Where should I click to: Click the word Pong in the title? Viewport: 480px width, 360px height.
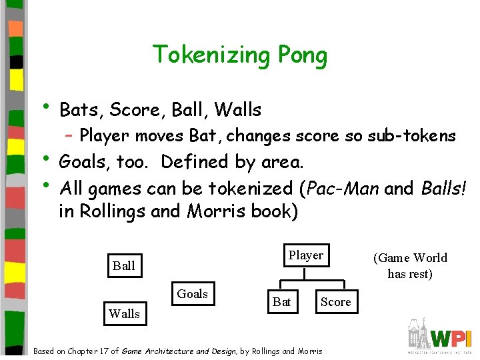(x=304, y=55)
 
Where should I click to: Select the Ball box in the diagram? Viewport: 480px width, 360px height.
(x=124, y=265)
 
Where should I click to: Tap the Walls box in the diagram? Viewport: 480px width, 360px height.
(x=125, y=313)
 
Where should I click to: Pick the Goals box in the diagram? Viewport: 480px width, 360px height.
(x=192, y=293)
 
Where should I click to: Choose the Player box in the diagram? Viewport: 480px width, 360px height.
(x=305, y=255)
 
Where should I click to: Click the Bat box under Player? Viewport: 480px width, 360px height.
(x=282, y=302)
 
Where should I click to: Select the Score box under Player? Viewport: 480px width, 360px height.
(x=335, y=302)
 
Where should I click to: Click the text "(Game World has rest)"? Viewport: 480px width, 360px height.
(x=410, y=265)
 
